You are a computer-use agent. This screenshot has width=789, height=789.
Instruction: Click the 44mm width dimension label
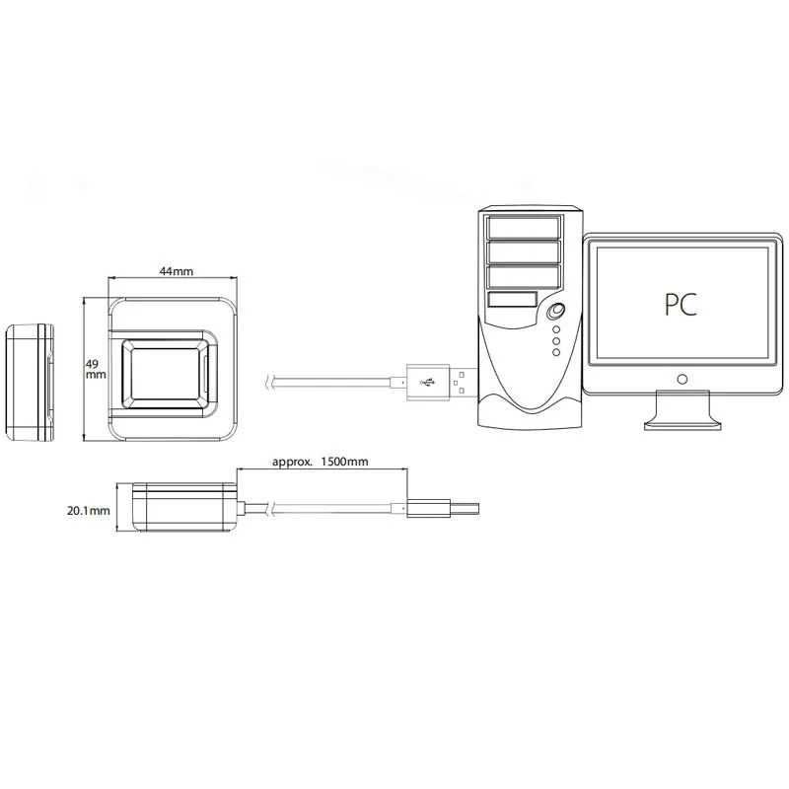[178, 271]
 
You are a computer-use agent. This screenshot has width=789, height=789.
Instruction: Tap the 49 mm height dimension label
[95, 368]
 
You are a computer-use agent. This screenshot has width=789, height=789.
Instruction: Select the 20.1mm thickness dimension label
[88, 511]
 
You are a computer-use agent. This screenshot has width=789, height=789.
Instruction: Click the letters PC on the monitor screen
[681, 303]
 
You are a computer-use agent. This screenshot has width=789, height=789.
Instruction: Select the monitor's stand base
[681, 422]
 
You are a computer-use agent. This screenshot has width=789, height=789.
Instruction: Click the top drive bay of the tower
[522, 228]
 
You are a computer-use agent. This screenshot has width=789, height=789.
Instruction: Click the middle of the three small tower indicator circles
[556, 340]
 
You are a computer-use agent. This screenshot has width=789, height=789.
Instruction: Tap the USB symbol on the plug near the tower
[427, 382]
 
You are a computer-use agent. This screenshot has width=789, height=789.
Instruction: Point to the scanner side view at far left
[30, 380]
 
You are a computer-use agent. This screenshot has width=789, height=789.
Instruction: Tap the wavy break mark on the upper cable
[270, 381]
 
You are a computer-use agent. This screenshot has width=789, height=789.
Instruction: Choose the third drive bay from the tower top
[522, 277]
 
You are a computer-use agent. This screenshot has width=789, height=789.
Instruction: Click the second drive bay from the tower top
[522, 252]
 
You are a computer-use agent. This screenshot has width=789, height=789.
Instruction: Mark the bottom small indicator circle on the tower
[556, 352]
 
